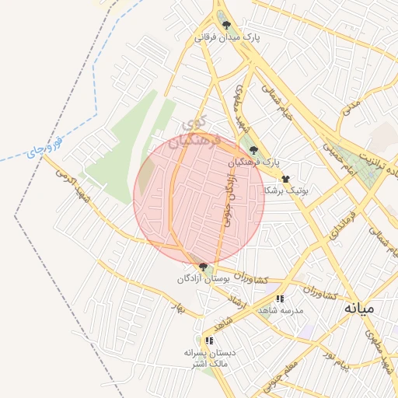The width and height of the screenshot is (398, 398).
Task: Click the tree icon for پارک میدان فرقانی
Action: point(227,26)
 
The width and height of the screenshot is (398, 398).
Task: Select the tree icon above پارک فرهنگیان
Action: point(253,150)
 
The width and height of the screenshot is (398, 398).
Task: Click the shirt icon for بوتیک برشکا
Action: point(286,178)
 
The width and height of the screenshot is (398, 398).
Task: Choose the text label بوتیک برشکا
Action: point(286,190)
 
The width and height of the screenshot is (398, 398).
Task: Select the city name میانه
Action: point(359,308)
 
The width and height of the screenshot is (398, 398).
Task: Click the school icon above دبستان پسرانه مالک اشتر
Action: point(208,340)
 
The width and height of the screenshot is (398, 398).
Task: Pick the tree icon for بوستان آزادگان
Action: point(203,267)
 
